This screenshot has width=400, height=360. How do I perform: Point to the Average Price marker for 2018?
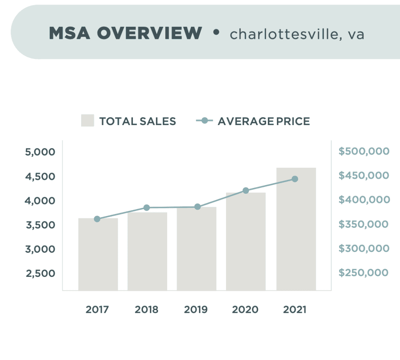coord(147,208)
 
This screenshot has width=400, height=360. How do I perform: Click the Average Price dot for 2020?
coord(246,191)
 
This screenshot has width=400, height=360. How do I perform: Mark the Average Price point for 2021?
coord(295,179)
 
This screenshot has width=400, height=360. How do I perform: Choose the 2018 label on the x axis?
coord(147,310)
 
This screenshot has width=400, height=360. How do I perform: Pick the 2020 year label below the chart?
coord(245,310)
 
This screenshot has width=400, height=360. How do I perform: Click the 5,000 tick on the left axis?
coord(40,152)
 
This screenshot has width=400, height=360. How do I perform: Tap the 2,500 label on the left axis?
coord(40,273)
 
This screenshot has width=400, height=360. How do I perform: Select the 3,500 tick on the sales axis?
coord(40,225)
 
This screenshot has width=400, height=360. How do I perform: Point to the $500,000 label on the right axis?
coord(364,151)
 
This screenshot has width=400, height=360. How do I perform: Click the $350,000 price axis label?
coord(364,224)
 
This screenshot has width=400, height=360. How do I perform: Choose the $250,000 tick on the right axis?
coord(364,273)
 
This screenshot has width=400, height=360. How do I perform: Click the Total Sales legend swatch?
coord(87,121)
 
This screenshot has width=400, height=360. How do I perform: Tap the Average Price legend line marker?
coord(205,121)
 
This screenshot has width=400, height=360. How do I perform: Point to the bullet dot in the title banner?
coord(216,32)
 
